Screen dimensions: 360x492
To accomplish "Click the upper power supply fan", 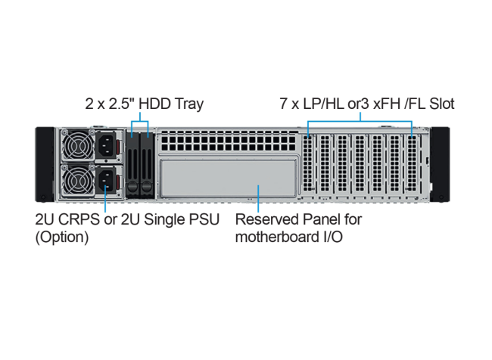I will coord(77,145).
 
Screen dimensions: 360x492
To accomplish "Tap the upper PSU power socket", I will coord(105,145).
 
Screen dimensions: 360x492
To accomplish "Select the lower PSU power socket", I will coord(105,181).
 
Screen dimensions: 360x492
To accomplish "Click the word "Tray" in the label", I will coord(188,104).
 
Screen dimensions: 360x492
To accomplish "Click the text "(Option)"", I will coord(61,237).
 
